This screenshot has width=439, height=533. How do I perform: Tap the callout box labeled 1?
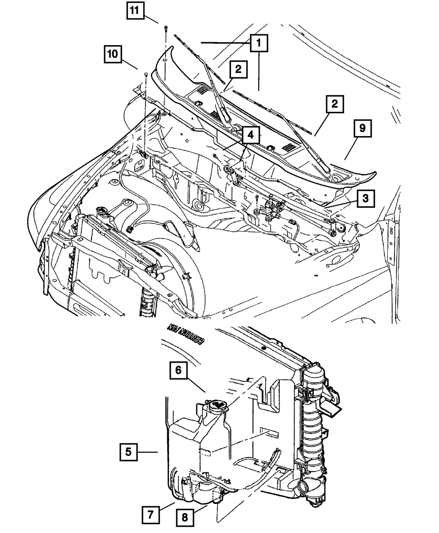click(259, 43)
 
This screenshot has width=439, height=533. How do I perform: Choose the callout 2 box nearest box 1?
click(237, 69)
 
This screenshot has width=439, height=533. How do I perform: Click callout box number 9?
click(362, 129)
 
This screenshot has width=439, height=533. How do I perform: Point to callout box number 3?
click(366, 199)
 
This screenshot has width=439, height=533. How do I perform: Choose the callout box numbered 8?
click(185, 518)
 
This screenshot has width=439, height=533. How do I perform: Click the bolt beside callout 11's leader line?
click(165, 29)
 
